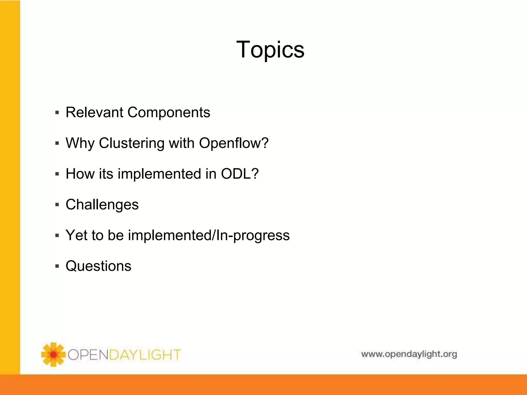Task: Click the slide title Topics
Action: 270,49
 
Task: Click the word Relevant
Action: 94,112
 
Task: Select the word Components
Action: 169,112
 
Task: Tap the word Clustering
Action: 131,143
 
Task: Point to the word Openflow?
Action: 234,143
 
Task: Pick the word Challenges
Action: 102,205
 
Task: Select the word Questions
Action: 98,266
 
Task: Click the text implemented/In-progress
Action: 209,235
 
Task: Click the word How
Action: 80,174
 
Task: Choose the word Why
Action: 80,143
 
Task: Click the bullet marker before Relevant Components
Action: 57,113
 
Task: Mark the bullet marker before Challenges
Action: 57,205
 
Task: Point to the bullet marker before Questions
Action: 57,266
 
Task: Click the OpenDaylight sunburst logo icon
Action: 53,355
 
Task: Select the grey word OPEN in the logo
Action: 88,355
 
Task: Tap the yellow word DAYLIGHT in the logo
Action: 145,355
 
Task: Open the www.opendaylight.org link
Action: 409,354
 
